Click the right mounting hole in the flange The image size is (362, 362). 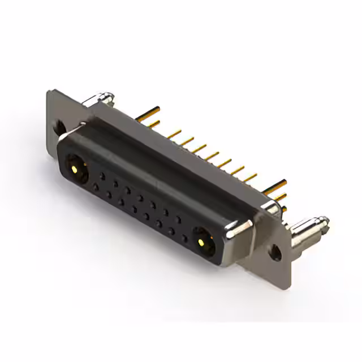coord(275,252)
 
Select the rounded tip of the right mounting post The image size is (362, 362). coord(324,221)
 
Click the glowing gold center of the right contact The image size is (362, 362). coord(201,243)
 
